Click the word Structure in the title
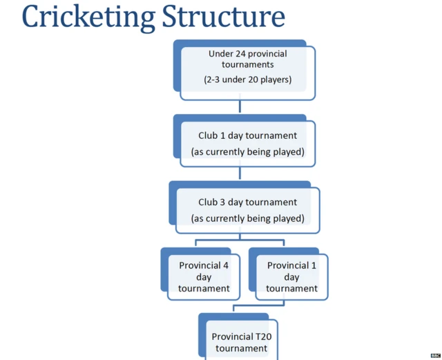pyautogui.click(x=223, y=17)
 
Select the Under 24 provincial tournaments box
pyautogui.click(x=247, y=73)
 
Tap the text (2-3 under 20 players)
pyautogui.click(x=247, y=79)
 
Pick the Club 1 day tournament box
pyautogui.click(x=247, y=143)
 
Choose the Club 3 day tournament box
pyautogui.click(x=247, y=210)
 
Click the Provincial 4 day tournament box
pyautogui.click(x=204, y=276)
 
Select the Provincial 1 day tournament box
pyautogui.click(x=291, y=276)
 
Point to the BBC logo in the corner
pyautogui.click(x=435, y=355)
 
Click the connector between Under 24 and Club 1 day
pyautogui.click(x=240, y=106)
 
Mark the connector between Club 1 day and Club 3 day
pyautogui.click(x=240, y=173)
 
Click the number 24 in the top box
pyautogui.click(x=243, y=54)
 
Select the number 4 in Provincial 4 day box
pyautogui.click(x=225, y=265)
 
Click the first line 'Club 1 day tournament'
pyautogui.click(x=247, y=135)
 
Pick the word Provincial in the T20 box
pyautogui.click(x=229, y=337)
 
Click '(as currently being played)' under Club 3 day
pyautogui.click(x=247, y=218)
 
